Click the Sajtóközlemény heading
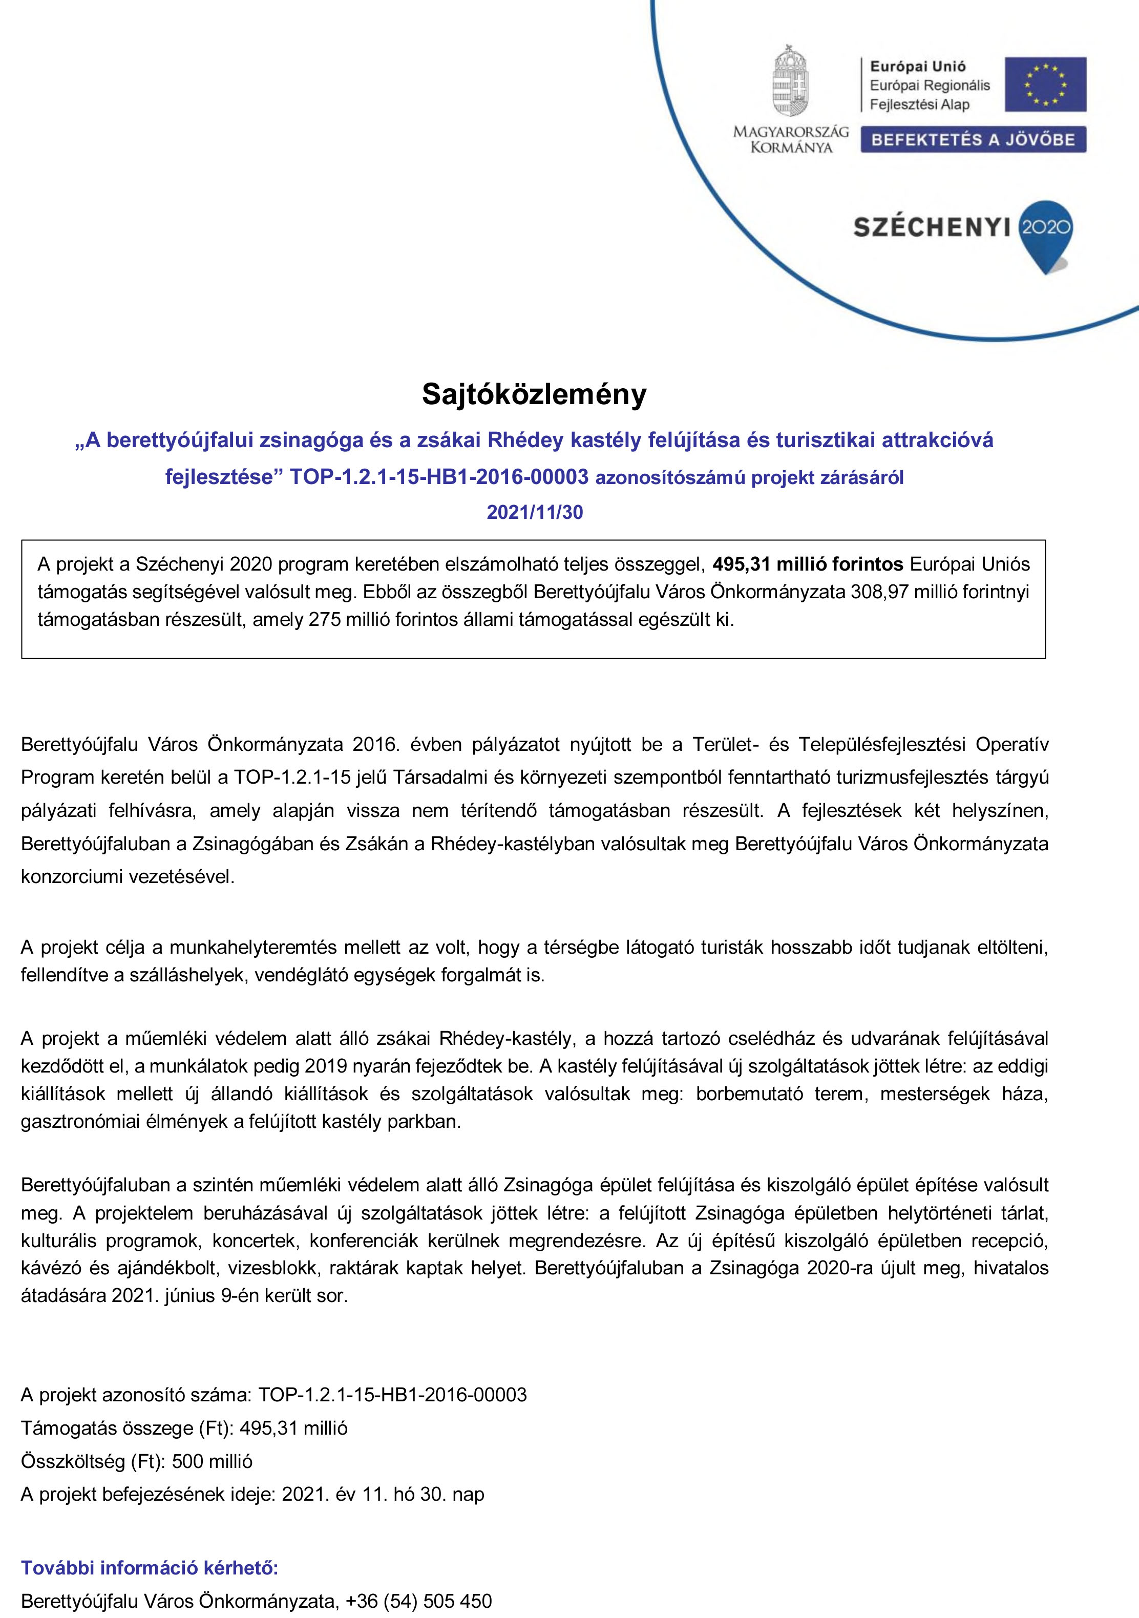tap(534, 394)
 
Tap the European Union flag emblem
tap(1045, 85)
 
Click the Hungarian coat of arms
tap(790, 80)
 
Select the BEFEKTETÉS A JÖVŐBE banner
tap(973, 139)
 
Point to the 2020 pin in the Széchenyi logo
tap(1046, 230)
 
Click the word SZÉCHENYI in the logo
tap(932, 227)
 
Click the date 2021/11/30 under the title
tap(535, 512)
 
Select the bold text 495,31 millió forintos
tap(808, 564)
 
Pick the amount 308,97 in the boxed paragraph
tap(879, 592)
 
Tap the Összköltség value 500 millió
tap(212, 1461)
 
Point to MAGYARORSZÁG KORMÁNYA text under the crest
tap(791, 139)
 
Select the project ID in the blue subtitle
tap(438, 477)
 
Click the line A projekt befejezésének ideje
tap(252, 1494)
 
